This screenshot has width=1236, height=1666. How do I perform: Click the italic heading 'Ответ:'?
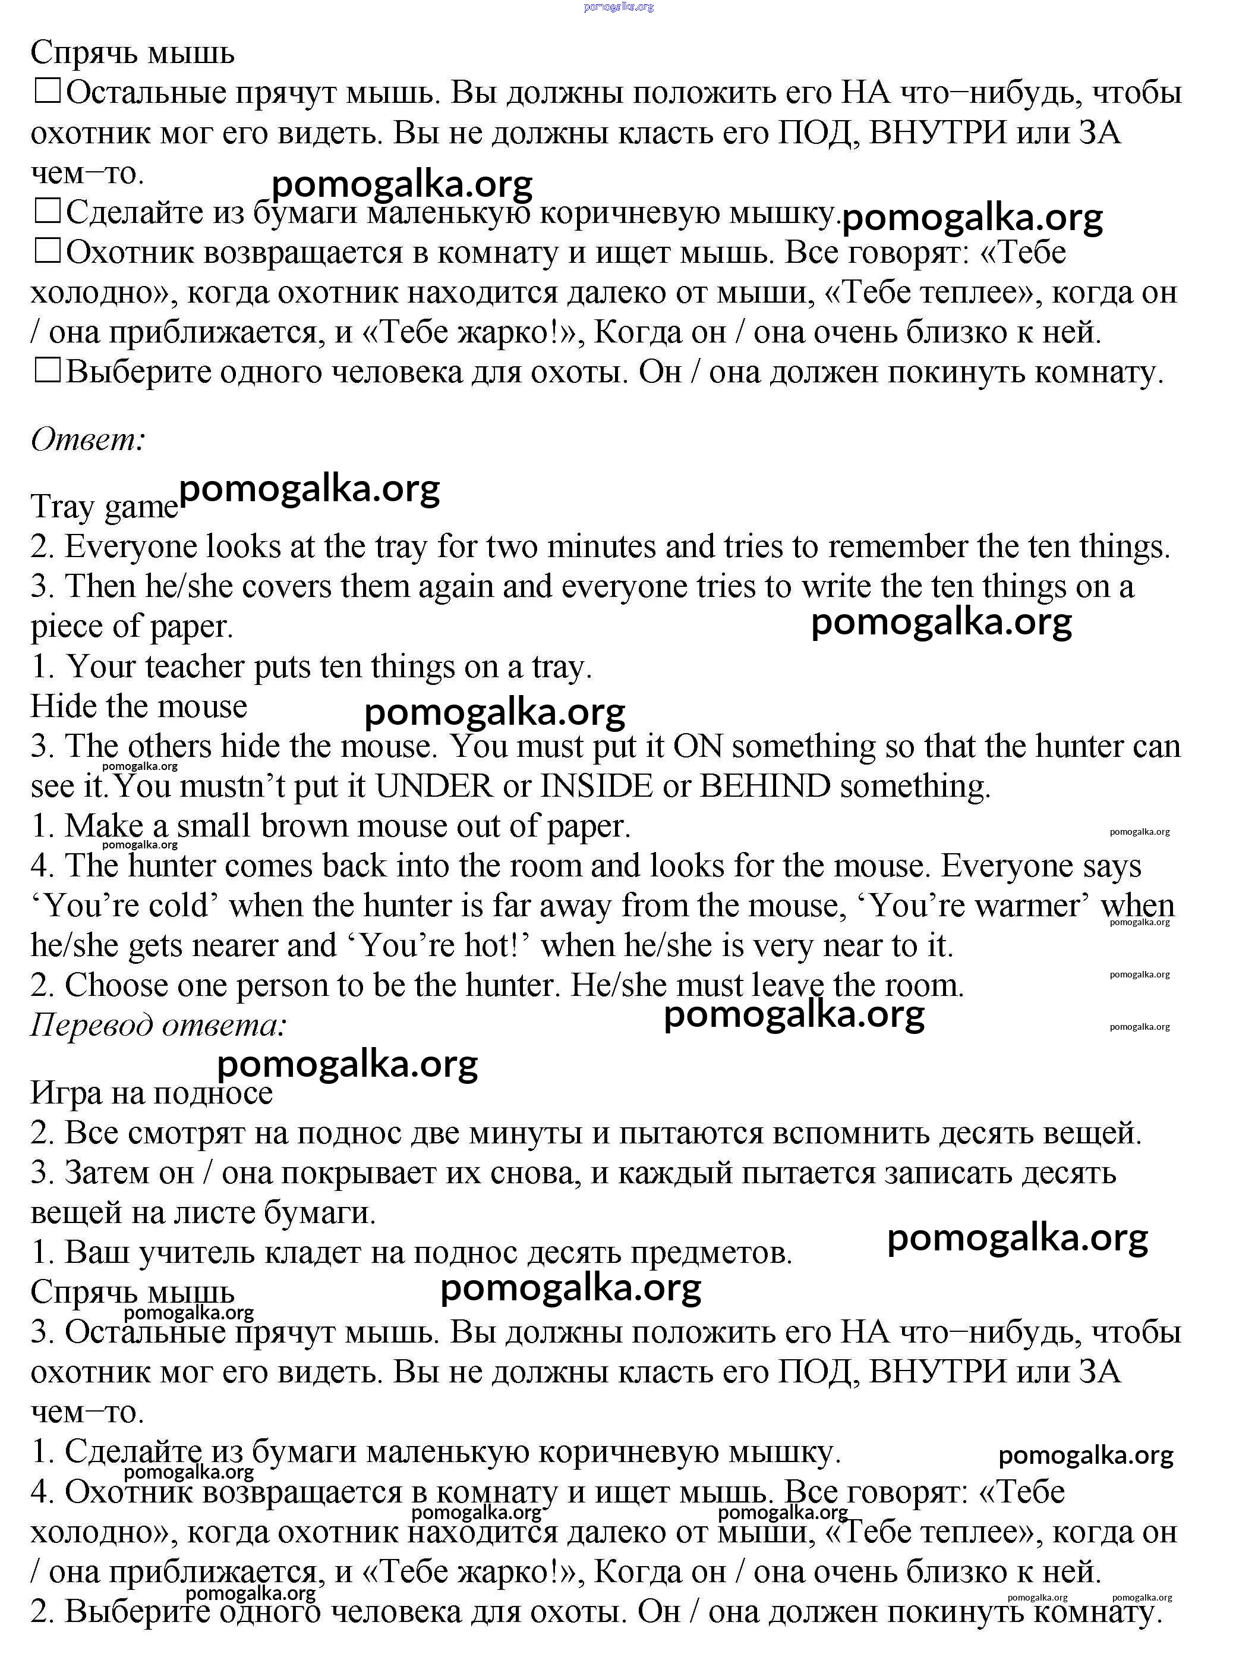pyautogui.click(x=87, y=439)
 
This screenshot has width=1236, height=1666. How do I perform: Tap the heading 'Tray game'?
pyautogui.click(x=104, y=507)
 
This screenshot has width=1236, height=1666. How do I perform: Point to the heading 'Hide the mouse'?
pyautogui.click(x=138, y=706)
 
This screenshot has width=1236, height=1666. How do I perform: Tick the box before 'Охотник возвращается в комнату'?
pyautogui.click(x=46, y=252)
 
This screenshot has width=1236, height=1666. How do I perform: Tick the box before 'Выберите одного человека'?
pyautogui.click(x=46, y=370)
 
